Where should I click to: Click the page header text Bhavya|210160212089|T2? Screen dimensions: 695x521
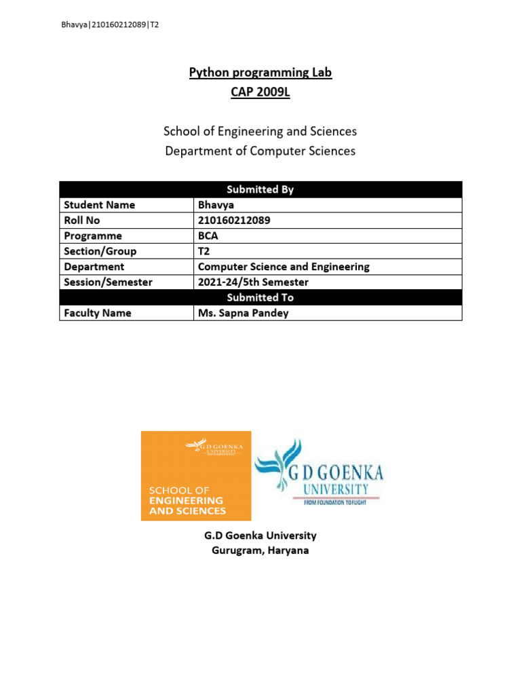110,24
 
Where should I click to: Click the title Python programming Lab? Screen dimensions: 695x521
260,73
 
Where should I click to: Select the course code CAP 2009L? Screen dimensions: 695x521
260,92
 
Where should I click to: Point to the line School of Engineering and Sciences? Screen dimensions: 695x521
260,131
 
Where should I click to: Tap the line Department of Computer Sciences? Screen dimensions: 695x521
260,151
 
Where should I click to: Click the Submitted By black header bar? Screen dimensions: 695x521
260,189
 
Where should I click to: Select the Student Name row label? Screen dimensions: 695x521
99,205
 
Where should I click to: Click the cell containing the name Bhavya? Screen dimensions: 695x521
214,205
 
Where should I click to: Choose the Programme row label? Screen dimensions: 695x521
93,236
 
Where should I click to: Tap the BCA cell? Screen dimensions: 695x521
208,236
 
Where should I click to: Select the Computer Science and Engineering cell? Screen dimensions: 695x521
284,267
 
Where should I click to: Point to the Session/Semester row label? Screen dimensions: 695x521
108,282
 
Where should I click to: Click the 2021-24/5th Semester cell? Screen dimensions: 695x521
253,282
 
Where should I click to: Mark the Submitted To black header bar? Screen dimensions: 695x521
260,297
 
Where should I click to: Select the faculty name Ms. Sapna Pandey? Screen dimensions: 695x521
243,313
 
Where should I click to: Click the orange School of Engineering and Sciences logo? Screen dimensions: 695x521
195,476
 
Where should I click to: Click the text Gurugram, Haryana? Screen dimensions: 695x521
260,550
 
